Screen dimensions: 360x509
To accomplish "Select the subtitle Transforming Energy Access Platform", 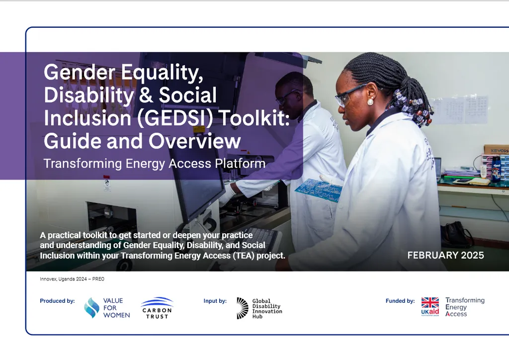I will pos(154,163).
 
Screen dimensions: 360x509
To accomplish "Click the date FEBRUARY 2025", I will pos(445,255).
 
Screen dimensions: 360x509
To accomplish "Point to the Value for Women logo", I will pos(107,308).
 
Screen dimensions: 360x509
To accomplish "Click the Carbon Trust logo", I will pos(157,308).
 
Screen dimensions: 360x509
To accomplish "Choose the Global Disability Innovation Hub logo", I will pos(259,308).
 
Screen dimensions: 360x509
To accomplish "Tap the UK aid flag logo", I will pos(430,306).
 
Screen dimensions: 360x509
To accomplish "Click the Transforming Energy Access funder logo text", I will pos(464,307).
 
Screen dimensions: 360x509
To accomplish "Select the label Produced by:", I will pos(57,301).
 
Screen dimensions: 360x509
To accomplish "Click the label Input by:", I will pos(215,301).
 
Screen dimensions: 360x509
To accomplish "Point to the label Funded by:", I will pos(400,301).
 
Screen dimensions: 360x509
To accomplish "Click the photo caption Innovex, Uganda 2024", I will pos(72,279).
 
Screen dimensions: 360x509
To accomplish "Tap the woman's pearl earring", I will pos(370,102).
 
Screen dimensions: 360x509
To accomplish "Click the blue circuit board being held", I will pos(318,189).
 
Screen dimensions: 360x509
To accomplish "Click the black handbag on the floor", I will pos(455,234).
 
